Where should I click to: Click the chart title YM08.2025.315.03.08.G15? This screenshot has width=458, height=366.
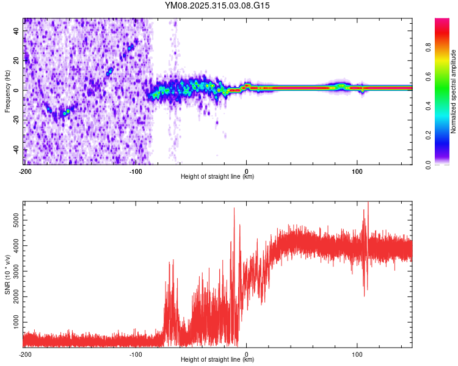click(x=218, y=5)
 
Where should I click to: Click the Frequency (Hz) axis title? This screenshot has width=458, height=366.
click(x=7, y=91)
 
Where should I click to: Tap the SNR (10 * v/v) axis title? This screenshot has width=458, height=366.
click(x=7, y=274)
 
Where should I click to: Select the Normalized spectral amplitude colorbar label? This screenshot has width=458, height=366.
click(x=453, y=91)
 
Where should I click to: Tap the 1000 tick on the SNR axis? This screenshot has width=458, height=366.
click(x=12, y=321)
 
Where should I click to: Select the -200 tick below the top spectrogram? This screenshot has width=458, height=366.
click(x=24, y=171)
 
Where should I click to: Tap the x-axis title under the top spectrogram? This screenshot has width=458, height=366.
click(x=218, y=177)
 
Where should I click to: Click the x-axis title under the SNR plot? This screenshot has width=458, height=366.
click(x=218, y=360)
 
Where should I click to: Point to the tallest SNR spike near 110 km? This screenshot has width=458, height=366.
click(x=368, y=203)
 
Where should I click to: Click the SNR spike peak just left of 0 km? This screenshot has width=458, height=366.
click(x=234, y=209)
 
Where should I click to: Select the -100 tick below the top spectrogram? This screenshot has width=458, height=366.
click(x=136, y=171)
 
